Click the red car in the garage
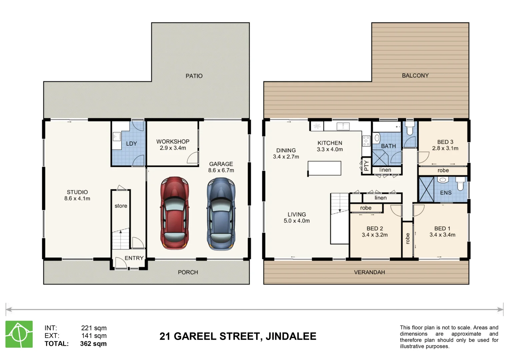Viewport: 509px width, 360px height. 174,213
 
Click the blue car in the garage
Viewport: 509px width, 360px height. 221,214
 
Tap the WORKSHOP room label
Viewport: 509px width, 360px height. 173,142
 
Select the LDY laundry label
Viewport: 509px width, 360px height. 131,144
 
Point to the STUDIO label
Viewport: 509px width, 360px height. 77,192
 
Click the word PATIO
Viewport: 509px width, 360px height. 194,76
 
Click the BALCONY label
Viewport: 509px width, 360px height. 415,76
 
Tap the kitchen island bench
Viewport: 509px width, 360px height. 324,168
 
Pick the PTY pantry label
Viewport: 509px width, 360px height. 366,166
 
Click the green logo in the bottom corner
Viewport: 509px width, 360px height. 19,334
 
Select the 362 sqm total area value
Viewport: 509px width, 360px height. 93,344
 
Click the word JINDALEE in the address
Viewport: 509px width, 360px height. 291,336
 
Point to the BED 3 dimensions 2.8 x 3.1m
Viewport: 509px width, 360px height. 445,148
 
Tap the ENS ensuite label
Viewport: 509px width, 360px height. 446,193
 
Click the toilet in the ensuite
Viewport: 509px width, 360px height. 460,184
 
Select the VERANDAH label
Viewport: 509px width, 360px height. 369,272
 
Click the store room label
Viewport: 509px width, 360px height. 121,206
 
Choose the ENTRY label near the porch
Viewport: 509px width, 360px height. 134,258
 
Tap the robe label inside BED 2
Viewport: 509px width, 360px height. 366,208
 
